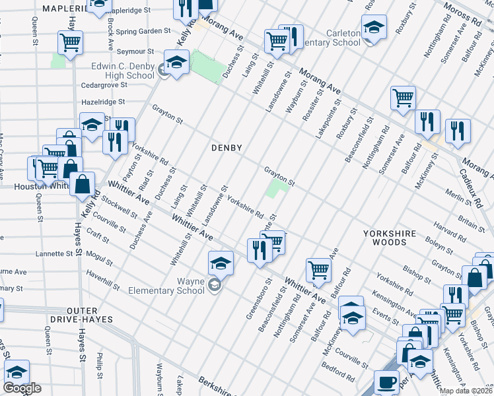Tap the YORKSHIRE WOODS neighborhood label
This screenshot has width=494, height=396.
coord(394,238)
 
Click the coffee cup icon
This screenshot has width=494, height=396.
coord(386,382)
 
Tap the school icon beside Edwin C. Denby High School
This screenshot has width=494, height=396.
coord(176,64)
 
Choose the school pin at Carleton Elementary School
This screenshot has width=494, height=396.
coord(374,28)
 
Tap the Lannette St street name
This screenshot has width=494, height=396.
coord(54,253)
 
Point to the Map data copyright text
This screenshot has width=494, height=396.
coord(466,391)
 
